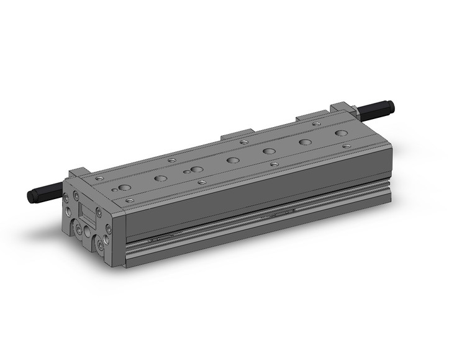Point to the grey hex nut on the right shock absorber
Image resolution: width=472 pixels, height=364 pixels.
click(x=356, y=112)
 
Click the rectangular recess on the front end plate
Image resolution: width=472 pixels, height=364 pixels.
click(x=89, y=213)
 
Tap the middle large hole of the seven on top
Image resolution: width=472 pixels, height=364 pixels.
click(x=233, y=160)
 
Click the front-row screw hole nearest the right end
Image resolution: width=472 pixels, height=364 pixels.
click(x=345, y=146)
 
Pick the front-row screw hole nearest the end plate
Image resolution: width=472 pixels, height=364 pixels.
click(x=129, y=200)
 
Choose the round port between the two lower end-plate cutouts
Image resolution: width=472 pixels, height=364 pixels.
click(x=88, y=233)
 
